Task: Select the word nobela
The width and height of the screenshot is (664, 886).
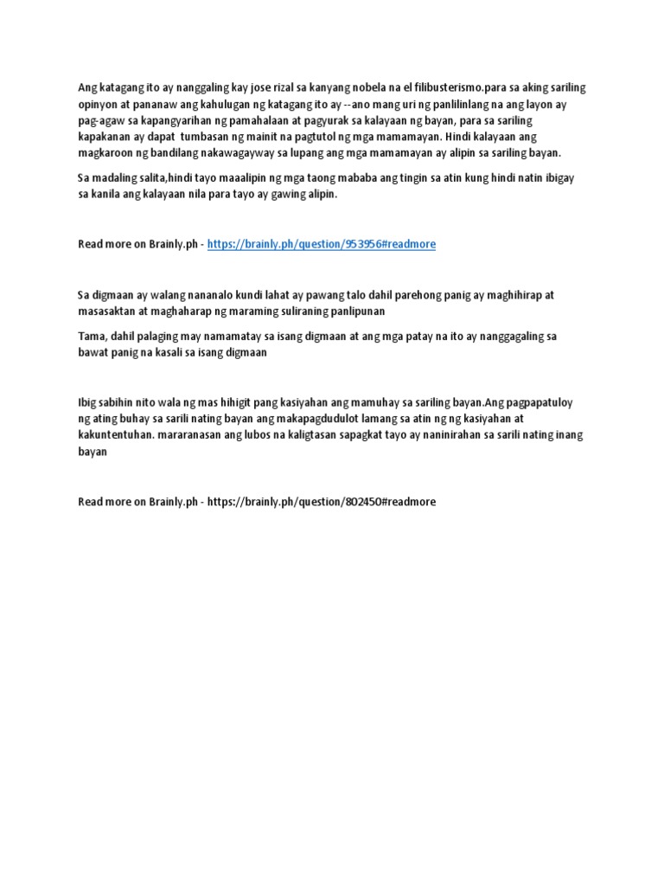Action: click(363, 87)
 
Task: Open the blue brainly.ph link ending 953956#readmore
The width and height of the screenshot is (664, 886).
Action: click(322, 245)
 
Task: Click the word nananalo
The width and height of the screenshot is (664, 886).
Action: click(208, 294)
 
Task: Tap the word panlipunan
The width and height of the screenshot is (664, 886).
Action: click(353, 311)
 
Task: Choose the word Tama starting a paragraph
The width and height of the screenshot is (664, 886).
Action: click(90, 336)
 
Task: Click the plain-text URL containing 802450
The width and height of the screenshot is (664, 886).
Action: click(322, 501)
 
